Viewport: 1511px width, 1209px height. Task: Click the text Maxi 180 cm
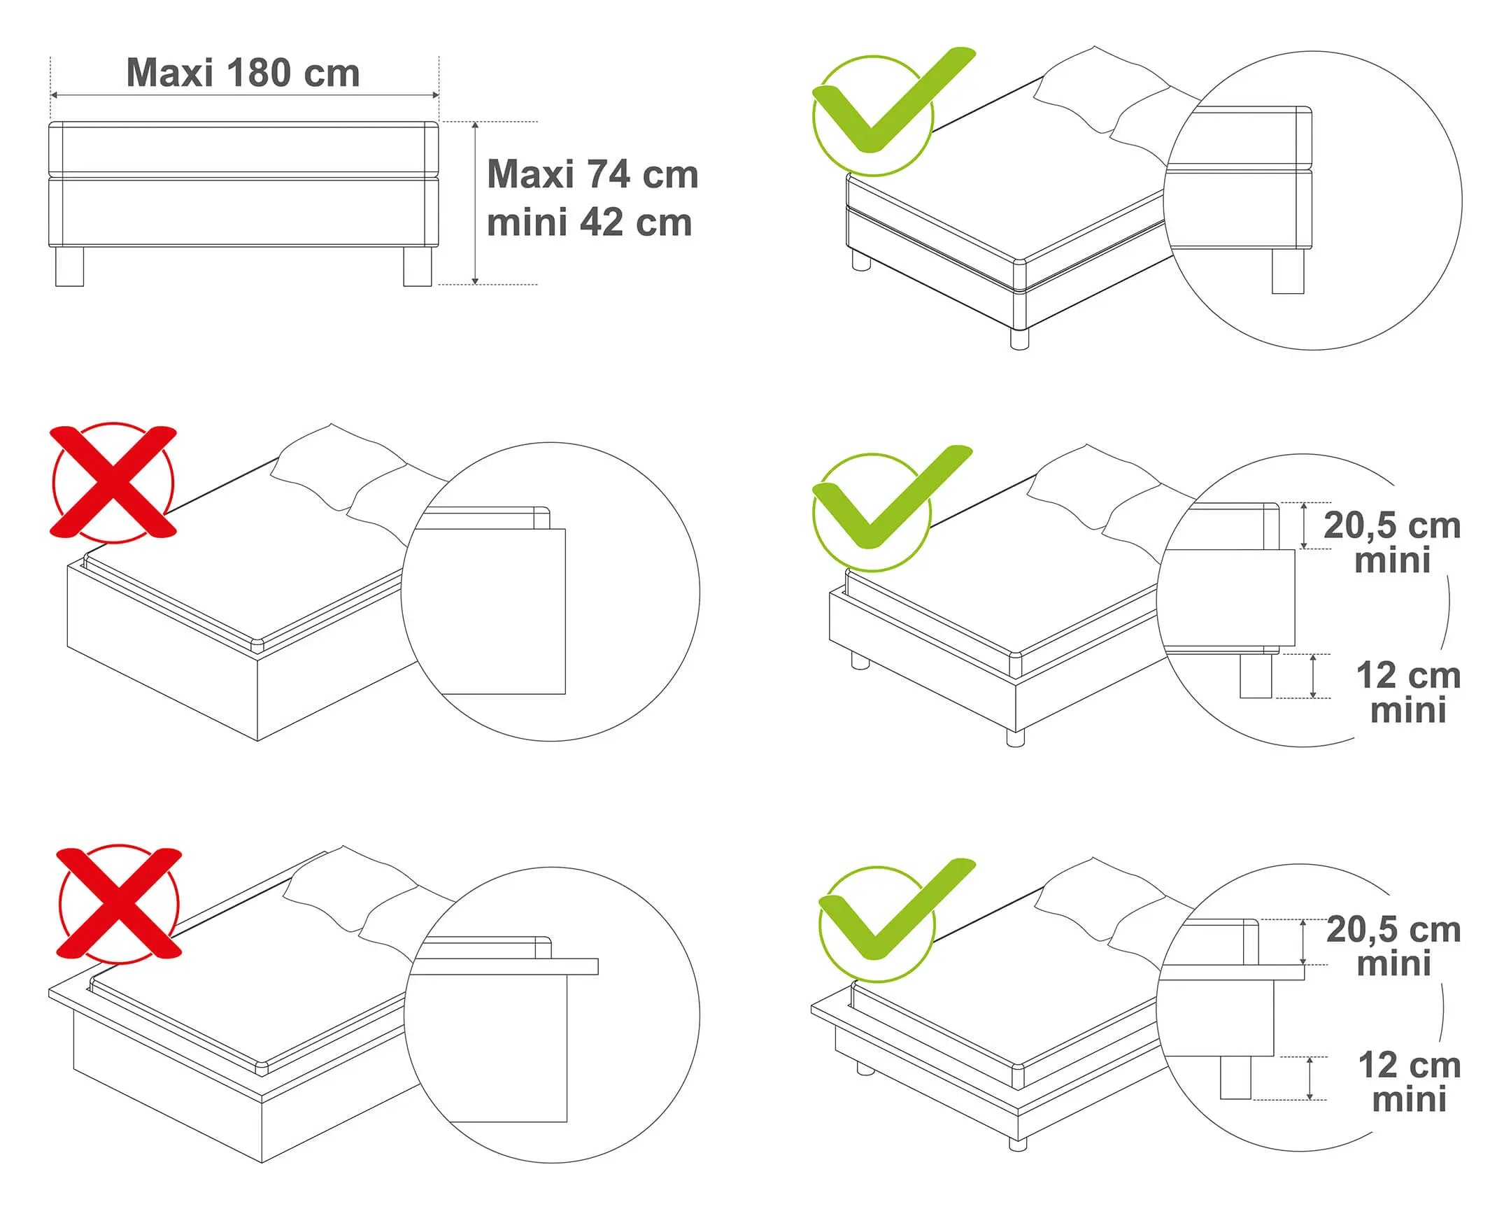[243, 73]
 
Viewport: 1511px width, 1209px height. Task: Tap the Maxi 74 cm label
[593, 174]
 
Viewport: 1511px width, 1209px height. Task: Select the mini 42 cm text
[590, 223]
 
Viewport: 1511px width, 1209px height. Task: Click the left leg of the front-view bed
[69, 267]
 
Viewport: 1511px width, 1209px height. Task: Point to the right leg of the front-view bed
[418, 267]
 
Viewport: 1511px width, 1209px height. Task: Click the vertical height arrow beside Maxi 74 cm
[475, 204]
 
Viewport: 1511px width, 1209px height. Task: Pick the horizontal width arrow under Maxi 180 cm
[245, 95]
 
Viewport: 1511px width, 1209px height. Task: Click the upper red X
[113, 482]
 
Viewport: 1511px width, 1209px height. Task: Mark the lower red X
[119, 904]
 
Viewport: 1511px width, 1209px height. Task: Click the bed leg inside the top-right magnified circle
[1288, 271]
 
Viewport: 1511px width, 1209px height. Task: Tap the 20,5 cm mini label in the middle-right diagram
[1392, 542]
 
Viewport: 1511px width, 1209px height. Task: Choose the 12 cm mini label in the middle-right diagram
[1409, 693]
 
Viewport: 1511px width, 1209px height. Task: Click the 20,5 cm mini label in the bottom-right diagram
[1393, 946]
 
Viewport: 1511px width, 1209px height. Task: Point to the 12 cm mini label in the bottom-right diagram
[1410, 1082]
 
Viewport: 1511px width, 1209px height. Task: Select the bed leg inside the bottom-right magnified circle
[1235, 1078]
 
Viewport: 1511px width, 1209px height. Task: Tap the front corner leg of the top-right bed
[1019, 339]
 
